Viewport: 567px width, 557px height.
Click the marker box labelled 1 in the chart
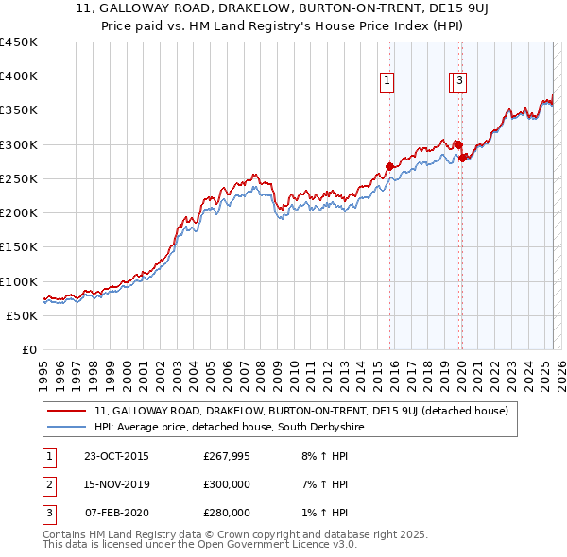387,82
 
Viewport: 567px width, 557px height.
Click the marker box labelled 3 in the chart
459,82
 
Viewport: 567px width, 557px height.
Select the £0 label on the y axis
28,349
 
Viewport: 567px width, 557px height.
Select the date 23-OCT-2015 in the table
116,456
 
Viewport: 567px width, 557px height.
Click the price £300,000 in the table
227,484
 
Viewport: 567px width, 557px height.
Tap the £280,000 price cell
227,513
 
